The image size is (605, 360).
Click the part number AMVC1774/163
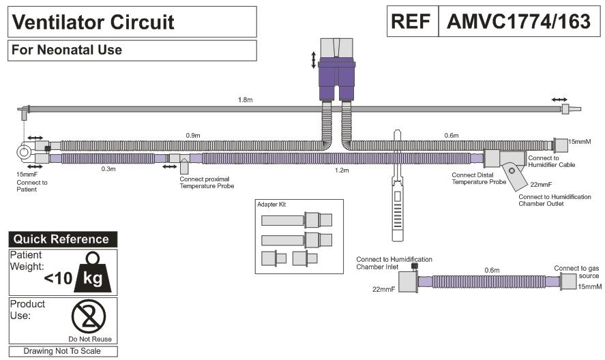pyautogui.click(x=518, y=21)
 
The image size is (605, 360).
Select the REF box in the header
pyautogui.click(x=412, y=21)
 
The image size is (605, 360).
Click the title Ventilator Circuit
pyautogui.click(x=94, y=22)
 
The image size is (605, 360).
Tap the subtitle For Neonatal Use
pyautogui.click(x=67, y=50)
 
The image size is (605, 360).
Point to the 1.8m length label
pyautogui.click(x=245, y=100)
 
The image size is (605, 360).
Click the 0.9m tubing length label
pyautogui.click(x=193, y=136)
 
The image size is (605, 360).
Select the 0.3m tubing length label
pyautogui.click(x=108, y=169)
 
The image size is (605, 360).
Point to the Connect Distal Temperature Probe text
pyautogui.click(x=479, y=178)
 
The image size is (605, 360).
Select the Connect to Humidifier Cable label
pyautogui.click(x=550, y=161)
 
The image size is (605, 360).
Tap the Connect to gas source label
pyautogui.click(x=576, y=272)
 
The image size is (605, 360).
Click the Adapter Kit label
pyautogui.click(x=271, y=205)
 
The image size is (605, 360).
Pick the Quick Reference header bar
pyautogui.click(x=62, y=239)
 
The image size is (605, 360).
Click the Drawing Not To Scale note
pyautogui.click(x=62, y=351)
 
